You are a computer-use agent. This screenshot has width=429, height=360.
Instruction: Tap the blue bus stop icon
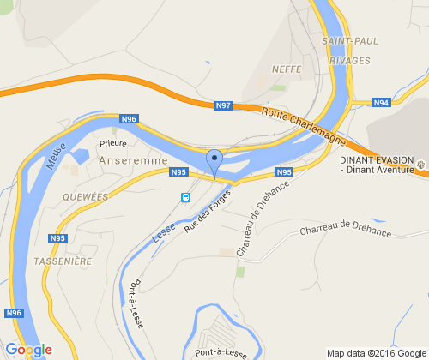185,197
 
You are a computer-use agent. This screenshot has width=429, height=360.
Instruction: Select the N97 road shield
223,105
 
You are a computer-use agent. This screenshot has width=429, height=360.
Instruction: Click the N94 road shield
381,103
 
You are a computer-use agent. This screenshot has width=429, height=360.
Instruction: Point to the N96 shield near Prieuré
129,119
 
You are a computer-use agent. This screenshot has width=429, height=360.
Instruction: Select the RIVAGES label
349,61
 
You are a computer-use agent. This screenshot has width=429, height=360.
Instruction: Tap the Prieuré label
113,144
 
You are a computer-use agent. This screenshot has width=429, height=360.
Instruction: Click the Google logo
28,350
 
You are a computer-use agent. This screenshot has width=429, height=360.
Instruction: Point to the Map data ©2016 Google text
376,352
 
